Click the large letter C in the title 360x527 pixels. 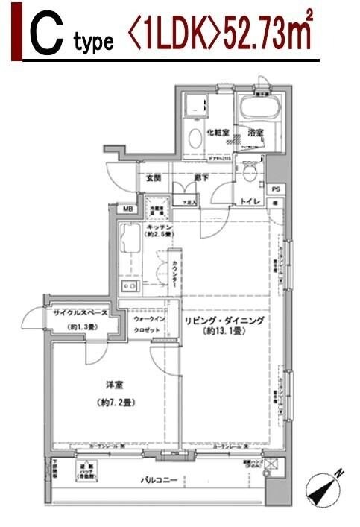click(x=45, y=37)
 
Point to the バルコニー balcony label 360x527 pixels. click(x=160, y=480)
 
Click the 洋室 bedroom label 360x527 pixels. click(x=114, y=385)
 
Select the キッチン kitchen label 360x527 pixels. click(x=160, y=227)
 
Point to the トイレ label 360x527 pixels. click(x=250, y=201)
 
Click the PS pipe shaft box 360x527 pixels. click(x=276, y=189)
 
